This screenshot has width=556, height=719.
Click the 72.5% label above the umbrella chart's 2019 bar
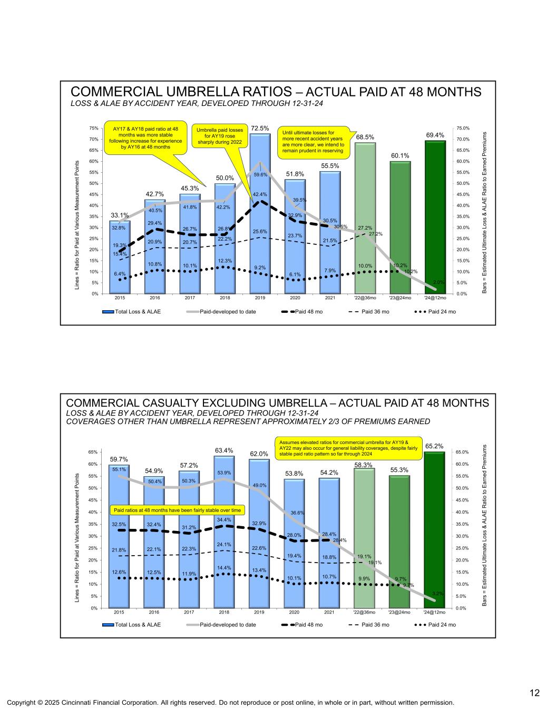pyautogui.click(x=259, y=128)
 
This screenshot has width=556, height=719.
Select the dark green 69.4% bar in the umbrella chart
pyautogui.click(x=435, y=216)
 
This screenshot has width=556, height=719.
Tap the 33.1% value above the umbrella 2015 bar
pyautogui.click(x=120, y=215)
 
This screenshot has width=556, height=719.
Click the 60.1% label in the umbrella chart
pyautogui.click(x=400, y=155)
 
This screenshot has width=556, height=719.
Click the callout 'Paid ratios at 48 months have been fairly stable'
pyautogui.click(x=177, y=510)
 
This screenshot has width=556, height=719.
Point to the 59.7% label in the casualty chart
pyautogui.click(x=119, y=459)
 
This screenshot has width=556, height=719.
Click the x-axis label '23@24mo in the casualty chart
pyautogui.click(x=399, y=613)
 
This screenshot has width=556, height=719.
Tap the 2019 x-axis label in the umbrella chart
pyautogui.click(x=259, y=298)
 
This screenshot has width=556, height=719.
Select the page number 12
pyautogui.click(x=534, y=693)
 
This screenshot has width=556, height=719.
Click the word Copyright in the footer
pyautogui.click(x=21, y=703)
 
